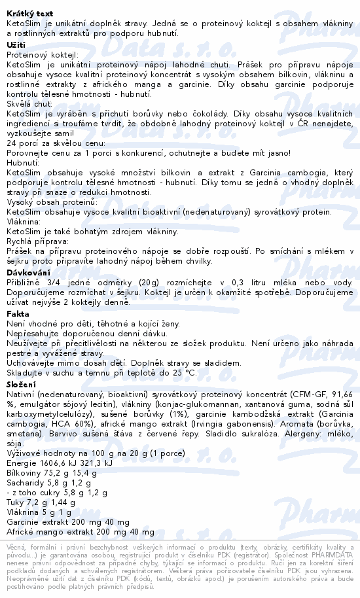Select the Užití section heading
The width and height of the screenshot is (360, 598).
[x=16, y=44]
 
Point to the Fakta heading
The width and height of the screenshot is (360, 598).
[x=18, y=314]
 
